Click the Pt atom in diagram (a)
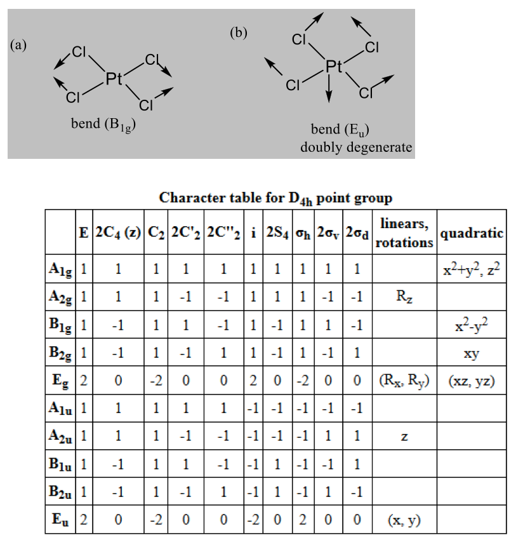[x=114, y=79]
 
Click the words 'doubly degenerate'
[x=357, y=148]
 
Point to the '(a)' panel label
[x=18, y=44]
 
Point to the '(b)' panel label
[x=238, y=33]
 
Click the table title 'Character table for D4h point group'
[x=275, y=198]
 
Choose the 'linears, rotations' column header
[x=404, y=233]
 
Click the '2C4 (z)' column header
[x=118, y=233]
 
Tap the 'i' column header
[x=253, y=233]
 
